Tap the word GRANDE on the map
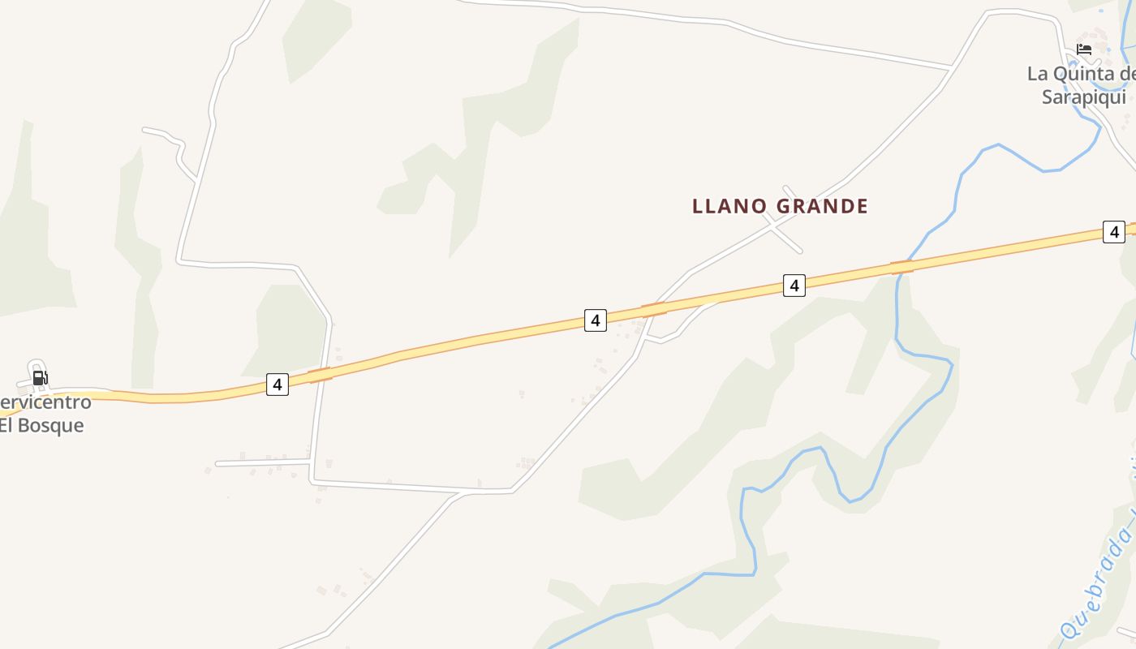pyautogui.click(x=822, y=206)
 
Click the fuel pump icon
pyautogui.click(x=40, y=378)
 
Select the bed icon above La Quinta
pyautogui.click(x=1084, y=49)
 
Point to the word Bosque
pyautogui.click(x=51, y=425)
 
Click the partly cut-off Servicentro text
pyautogui.click(x=45, y=402)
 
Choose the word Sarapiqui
pyautogui.click(x=1084, y=97)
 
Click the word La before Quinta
pyautogui.click(x=1038, y=74)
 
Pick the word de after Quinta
pyautogui.click(x=1127, y=74)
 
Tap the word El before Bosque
pyautogui.click(x=6, y=425)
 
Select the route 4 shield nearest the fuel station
pyautogui.click(x=278, y=385)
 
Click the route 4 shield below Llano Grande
pyautogui.click(x=794, y=286)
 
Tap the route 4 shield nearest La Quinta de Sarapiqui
pyautogui.click(x=1114, y=232)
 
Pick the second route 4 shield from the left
pyautogui.click(x=595, y=320)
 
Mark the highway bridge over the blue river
pyautogui.click(x=901, y=268)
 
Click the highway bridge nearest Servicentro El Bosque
pyautogui.click(x=320, y=375)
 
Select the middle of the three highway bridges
pyautogui.click(x=654, y=309)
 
